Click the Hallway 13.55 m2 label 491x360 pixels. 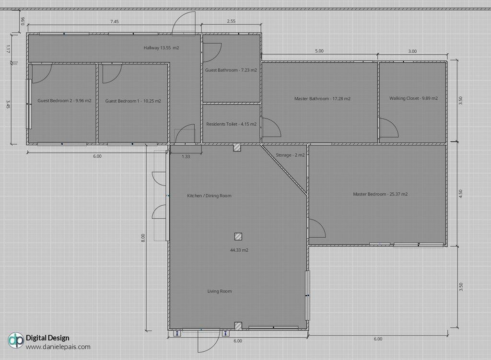[x=161, y=48]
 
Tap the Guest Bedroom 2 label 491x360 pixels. [x=65, y=101]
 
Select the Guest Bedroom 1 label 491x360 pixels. [x=133, y=101]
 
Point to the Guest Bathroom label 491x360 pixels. [x=231, y=70]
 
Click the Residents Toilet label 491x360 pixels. [x=231, y=124]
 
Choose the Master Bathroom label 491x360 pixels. [x=322, y=99]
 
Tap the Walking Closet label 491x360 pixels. [x=413, y=98]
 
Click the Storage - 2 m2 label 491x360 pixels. [x=290, y=155]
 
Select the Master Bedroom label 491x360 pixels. [x=380, y=194]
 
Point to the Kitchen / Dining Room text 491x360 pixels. [x=209, y=196]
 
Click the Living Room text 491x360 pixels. [x=220, y=291]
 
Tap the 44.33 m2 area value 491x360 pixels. [x=239, y=250]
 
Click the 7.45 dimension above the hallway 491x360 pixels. [x=114, y=22]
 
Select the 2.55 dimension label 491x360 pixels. [x=231, y=21]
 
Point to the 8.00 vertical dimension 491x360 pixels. [x=143, y=238]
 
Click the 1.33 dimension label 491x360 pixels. [x=186, y=157]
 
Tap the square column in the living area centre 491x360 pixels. [x=238, y=236]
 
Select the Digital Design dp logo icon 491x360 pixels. [x=16, y=340]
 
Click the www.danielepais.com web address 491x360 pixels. [x=58, y=347]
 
